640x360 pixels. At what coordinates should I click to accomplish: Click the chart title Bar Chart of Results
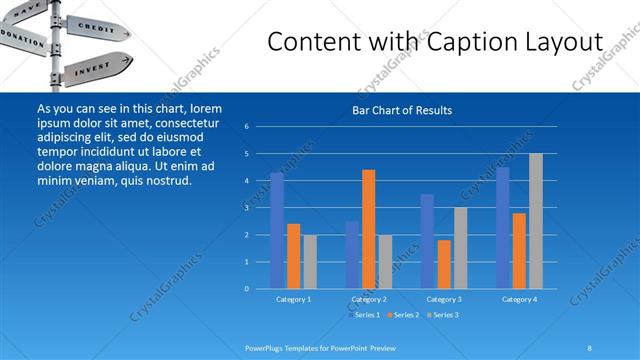pos(401,110)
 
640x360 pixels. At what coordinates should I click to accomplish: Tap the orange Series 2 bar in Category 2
pos(368,229)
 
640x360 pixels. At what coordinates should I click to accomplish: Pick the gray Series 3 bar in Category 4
pos(535,221)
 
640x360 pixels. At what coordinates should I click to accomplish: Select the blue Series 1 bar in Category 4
pos(502,227)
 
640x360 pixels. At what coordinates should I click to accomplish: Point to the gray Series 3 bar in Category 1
pos(310,261)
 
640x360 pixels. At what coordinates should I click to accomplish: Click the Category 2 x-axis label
pos(369,299)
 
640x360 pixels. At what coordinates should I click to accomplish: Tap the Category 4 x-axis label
pos(519,299)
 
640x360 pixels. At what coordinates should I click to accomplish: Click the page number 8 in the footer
pos(590,347)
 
